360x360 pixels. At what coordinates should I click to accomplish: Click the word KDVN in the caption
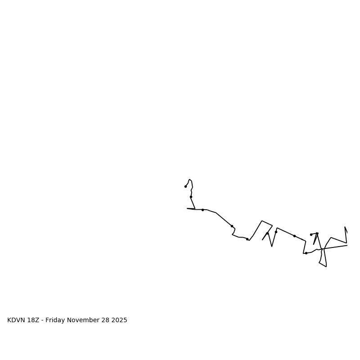tap(16, 320)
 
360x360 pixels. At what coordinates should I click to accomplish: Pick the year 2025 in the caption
tap(120, 320)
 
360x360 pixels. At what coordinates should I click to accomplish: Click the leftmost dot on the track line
tap(185, 186)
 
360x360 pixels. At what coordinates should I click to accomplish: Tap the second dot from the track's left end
tap(191, 197)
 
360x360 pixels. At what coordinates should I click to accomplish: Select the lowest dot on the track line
tap(306, 253)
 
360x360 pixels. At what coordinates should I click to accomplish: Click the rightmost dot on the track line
tap(311, 234)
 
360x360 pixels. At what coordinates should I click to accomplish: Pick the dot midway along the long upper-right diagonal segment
tap(294, 236)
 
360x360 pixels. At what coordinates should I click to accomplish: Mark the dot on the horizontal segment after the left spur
tap(202, 210)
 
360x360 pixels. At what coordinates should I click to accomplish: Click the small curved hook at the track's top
tap(190, 180)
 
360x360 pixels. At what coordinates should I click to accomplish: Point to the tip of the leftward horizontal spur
tap(187, 208)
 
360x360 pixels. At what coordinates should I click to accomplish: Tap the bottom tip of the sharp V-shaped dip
tap(272, 246)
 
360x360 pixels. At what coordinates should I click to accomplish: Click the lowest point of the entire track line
tap(326, 266)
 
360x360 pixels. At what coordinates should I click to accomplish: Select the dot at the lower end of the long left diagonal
tap(232, 226)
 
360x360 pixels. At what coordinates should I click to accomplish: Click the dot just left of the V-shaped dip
tap(267, 233)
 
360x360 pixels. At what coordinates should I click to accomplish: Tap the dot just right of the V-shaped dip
tap(276, 232)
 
